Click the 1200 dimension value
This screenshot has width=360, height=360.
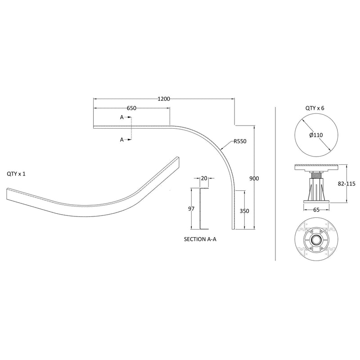pyautogui.click(x=164, y=99)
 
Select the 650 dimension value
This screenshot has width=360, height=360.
pyautogui.click(x=131, y=108)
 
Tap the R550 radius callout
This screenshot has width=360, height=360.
pyautogui.click(x=240, y=141)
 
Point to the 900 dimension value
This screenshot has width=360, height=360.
pyautogui.click(x=254, y=179)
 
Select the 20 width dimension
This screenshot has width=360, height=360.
pyautogui.click(x=204, y=178)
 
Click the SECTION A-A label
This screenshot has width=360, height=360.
pyautogui.click(x=200, y=240)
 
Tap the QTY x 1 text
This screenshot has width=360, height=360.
pyautogui.click(x=17, y=174)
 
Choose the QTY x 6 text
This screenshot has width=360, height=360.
pyautogui.click(x=315, y=108)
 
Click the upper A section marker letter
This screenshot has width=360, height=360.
pyautogui.click(x=121, y=117)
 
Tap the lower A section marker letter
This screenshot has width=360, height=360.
pyautogui.click(x=121, y=140)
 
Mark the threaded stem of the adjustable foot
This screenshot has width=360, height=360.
pyautogui.click(x=315, y=174)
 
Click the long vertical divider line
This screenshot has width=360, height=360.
pyautogui.click(x=275, y=184)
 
